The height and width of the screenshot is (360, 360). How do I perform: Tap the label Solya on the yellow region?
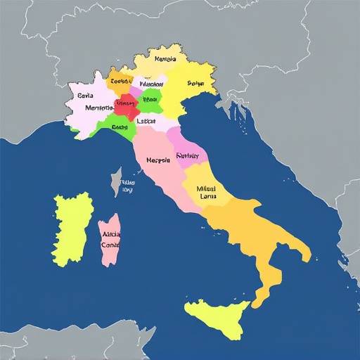pos(195,83)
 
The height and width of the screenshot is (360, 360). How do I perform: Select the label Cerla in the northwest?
pos(86,95)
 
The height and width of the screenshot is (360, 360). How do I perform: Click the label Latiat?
pos(146,121)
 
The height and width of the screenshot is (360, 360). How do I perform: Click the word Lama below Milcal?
pos(208,197)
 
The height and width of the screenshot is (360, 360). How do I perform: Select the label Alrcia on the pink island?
pos(111,235)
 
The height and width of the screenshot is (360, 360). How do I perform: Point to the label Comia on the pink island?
pos(110,245)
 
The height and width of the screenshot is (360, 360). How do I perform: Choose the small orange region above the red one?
pos(120,81)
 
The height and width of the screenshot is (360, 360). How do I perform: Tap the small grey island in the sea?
pos(115,181)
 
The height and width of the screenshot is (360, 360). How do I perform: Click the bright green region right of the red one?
pos(150,99)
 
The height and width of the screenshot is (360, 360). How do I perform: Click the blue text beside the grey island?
pos(127,185)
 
